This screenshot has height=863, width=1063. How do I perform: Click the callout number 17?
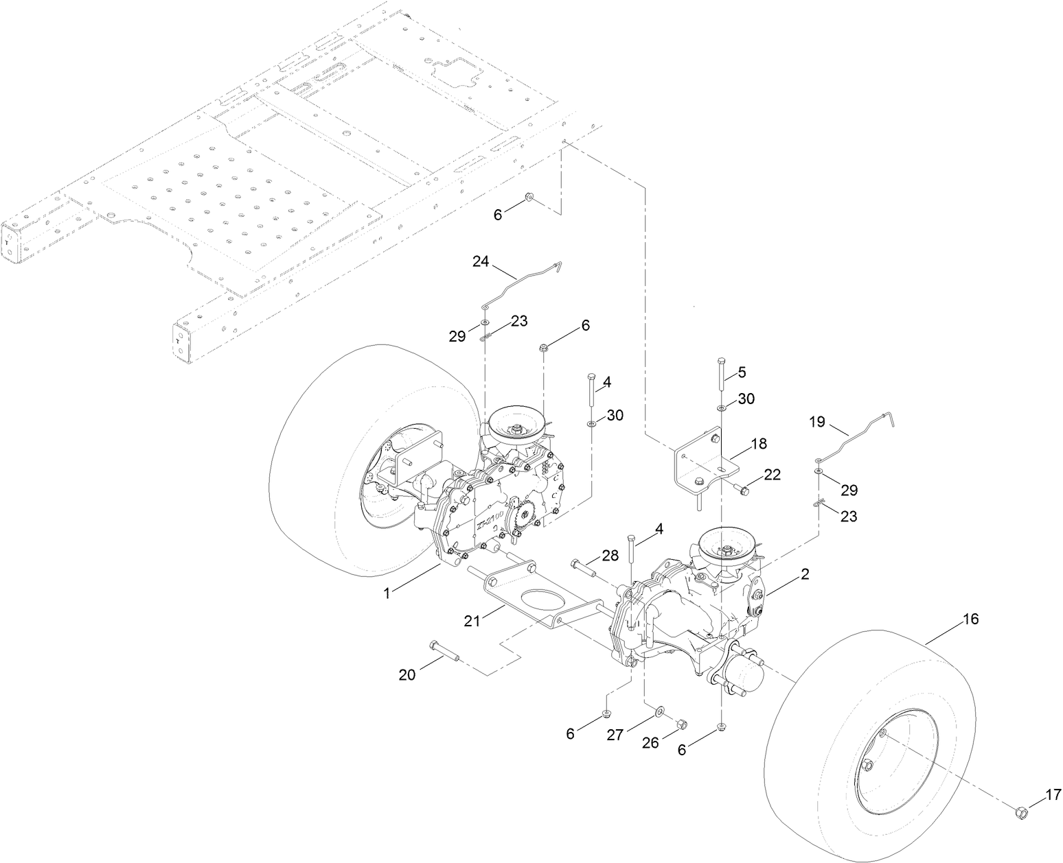point(1053,796)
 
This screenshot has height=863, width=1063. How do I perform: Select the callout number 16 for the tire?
point(970,619)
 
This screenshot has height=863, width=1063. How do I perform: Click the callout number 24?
point(481,261)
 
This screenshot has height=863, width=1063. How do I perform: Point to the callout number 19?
point(818,422)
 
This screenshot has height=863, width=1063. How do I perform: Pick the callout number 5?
point(742,372)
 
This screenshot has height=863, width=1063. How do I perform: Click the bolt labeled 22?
point(740,488)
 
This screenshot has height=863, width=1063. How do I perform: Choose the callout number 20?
point(408,674)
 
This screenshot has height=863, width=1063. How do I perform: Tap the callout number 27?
point(615,735)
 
